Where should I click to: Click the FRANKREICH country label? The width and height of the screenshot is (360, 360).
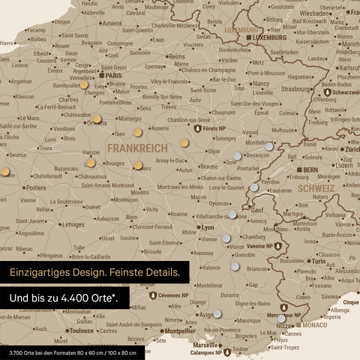pos(138,148)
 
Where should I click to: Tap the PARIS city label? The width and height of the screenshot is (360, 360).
pos(113,76)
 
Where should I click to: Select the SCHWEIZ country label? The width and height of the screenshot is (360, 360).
pos(315,188)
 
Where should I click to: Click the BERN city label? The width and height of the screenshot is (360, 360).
pos(310,170)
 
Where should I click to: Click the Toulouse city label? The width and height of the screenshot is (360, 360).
pos(80,330)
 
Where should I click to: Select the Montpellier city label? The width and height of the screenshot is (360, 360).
pos(179,330)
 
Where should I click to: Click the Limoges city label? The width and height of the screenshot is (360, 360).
pos(73,224)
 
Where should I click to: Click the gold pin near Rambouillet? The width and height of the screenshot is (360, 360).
pos(83,85)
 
